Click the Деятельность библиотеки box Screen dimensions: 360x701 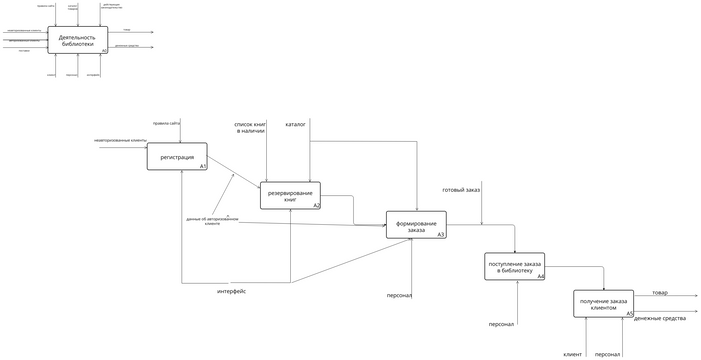click(77, 41)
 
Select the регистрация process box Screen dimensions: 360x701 click(177, 157)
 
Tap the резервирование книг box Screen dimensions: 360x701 click(290, 195)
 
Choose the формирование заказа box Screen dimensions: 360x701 click(416, 225)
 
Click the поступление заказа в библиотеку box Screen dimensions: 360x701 click(514, 266)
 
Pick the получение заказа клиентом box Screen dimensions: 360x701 click(604, 304)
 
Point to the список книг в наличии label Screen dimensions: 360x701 click(251, 128)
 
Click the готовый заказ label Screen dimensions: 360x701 click(461, 190)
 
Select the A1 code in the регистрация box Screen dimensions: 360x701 click(202, 166)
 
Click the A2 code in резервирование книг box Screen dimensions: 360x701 click(316, 205)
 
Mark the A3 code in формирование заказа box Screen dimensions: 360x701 click(441, 235)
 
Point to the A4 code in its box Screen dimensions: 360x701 click(540, 276)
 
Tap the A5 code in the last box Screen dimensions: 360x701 click(629, 314)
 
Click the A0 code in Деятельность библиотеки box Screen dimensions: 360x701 click(104, 50)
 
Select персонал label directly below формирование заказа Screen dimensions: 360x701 click(400, 295)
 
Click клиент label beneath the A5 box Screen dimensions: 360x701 click(572, 354)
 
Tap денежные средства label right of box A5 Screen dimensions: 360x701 click(659, 318)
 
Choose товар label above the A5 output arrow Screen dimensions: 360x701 click(660, 292)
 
